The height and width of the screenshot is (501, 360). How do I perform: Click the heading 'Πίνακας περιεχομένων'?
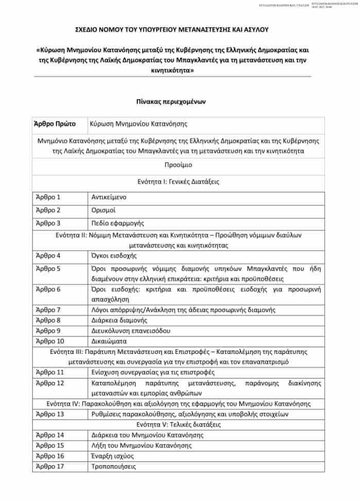click(178, 102)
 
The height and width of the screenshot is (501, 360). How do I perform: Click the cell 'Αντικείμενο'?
click(109, 197)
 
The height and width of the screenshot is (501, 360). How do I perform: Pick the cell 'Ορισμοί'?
click(103, 210)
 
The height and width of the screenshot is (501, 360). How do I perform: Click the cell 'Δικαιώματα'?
click(109, 341)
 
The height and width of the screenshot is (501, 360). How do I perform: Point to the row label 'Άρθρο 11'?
click(49, 372)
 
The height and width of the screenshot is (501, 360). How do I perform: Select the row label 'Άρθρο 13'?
click(49, 414)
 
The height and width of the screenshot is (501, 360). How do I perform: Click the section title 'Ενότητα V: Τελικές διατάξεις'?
click(178, 425)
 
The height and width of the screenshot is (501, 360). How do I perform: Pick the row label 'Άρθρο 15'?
click(49, 445)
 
